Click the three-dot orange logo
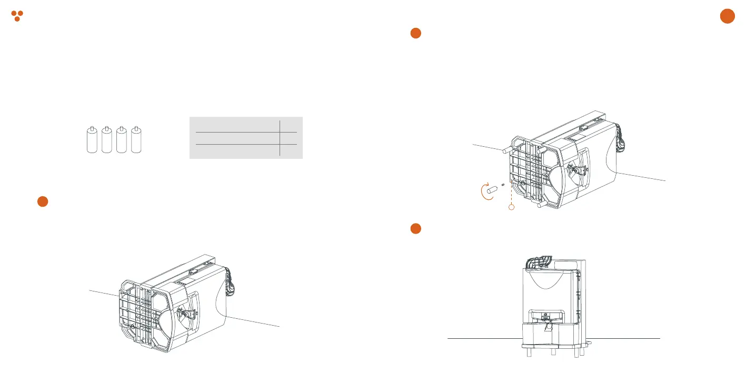point(17,15)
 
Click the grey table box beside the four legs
point(245,137)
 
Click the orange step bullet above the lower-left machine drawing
point(43,201)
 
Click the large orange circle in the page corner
point(727,16)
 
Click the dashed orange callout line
point(511,192)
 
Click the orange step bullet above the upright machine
point(415,228)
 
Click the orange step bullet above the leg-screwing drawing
point(415,33)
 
